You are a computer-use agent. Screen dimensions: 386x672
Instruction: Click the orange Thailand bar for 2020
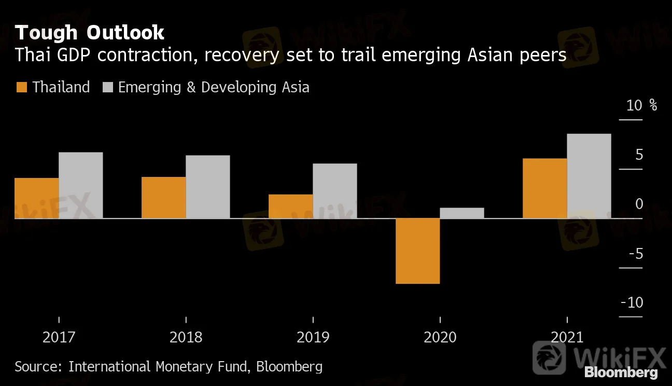pos(417,251)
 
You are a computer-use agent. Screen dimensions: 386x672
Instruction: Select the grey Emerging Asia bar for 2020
pos(461,213)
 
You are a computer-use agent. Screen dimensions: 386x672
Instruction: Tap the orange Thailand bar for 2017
pos(36,198)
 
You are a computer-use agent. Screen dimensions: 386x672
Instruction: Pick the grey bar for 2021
pos(589,176)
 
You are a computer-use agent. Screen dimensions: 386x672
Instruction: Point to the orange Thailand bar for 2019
pos(290,206)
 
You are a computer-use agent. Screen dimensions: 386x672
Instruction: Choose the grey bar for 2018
pos(207,187)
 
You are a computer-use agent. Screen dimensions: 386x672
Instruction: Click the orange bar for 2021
pos(544,188)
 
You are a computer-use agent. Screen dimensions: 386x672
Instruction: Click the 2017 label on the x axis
pos(59,337)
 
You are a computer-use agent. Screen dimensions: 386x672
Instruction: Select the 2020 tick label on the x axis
pos(440,337)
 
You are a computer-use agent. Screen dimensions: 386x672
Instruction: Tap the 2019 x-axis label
pos(313,337)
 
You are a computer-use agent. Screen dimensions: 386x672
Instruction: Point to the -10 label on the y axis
pos(631,302)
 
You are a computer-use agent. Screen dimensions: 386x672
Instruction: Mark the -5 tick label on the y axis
pos(636,254)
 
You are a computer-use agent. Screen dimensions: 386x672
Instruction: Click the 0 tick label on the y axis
pos(639,204)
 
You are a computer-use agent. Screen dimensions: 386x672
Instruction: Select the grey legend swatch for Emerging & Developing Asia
pos(107,87)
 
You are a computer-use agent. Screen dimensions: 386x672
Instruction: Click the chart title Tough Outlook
pos(90,33)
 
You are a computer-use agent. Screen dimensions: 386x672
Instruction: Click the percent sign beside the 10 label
pos(653,105)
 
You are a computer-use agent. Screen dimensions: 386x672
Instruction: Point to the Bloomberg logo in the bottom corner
pos(621,372)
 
